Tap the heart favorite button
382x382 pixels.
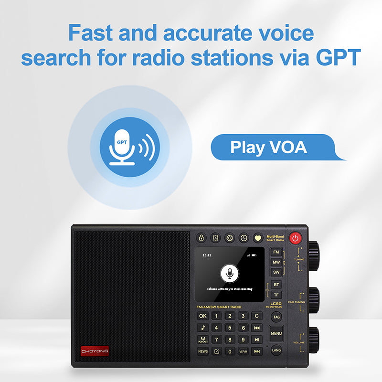[x=258, y=237]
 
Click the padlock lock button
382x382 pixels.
[x=202, y=237]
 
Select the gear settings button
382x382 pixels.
[x=230, y=237]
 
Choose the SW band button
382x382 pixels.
[x=276, y=272]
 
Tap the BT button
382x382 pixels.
[x=276, y=285]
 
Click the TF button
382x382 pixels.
[x=276, y=295]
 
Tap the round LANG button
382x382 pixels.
[x=276, y=350]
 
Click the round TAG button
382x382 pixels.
[x=276, y=317]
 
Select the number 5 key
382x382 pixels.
[x=230, y=328]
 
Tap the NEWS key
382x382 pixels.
[x=203, y=351]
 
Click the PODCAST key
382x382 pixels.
[x=203, y=340]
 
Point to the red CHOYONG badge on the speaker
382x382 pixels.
[x=95, y=351]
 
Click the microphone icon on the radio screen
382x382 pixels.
[x=230, y=274]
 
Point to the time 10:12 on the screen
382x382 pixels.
[x=207, y=255]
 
